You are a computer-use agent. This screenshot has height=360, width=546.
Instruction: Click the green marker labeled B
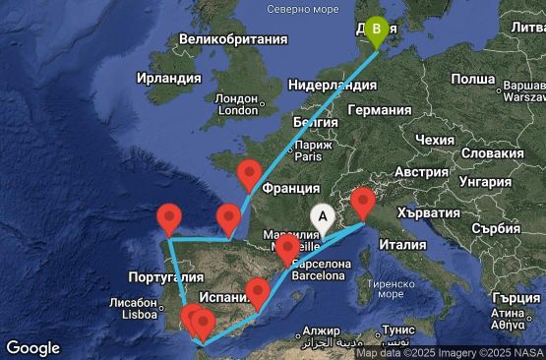[x=377, y=30]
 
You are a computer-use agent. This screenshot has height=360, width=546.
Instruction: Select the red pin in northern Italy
[x=363, y=201]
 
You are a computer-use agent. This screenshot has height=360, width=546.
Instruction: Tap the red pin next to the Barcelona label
[x=286, y=250]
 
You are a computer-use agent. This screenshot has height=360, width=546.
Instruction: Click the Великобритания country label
[x=226, y=40]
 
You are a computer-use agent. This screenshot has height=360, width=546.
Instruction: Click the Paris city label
[x=310, y=155]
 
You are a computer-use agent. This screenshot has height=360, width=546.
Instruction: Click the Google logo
[x=33, y=347]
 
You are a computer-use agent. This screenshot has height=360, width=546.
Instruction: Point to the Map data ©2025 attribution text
[x=393, y=353]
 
